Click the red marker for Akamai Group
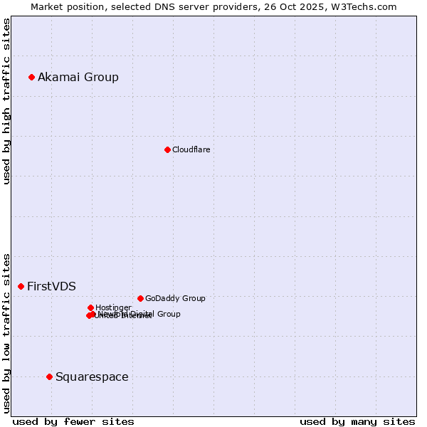pos(32,77)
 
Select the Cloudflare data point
pos(167,149)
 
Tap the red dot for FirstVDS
pos(21,286)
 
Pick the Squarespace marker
pos(49,376)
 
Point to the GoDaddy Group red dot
pos(140,298)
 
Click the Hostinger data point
pos(90,307)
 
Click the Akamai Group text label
pos(78,77)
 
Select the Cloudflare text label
pos(191,149)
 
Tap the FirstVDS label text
pos(51,286)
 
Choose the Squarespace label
pos(92,376)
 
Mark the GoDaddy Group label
pos(175,298)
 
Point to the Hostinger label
pos(113,307)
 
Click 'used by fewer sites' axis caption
pos(73,421)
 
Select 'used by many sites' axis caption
pos(357,421)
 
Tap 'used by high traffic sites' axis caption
pos(7,101)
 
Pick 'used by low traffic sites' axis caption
pos(7,332)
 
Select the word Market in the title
pos(48,6)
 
